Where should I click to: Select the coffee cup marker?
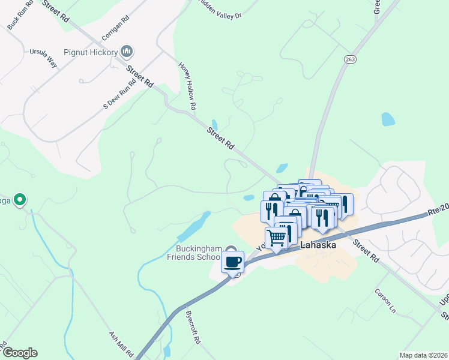[x=232, y=262]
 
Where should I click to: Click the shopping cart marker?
[x=276, y=238]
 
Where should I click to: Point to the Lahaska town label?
[x=319, y=245]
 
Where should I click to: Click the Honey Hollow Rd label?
[x=188, y=86]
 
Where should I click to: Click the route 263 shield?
[x=351, y=59]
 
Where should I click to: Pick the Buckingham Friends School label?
[x=198, y=253]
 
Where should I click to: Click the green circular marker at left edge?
[x=20, y=199]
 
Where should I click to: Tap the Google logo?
[x=19, y=353]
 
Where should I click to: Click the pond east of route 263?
[x=388, y=119]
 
